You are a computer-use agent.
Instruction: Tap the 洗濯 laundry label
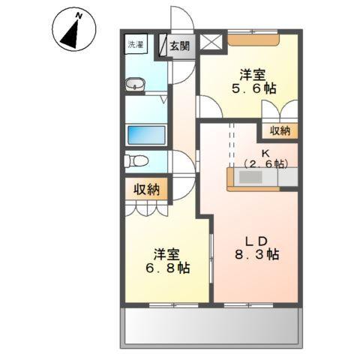click(x=135, y=45)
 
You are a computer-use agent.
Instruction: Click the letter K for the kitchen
click(x=265, y=151)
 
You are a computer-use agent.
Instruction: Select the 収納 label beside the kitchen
click(x=280, y=130)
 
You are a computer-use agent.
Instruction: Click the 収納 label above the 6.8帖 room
click(x=148, y=189)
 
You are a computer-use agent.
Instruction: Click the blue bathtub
click(x=147, y=135)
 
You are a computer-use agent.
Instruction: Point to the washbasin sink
click(x=136, y=85)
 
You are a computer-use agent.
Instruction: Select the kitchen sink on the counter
click(x=250, y=178)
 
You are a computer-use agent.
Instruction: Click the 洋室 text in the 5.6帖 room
click(x=253, y=75)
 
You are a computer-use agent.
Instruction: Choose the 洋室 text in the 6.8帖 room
click(x=166, y=253)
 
